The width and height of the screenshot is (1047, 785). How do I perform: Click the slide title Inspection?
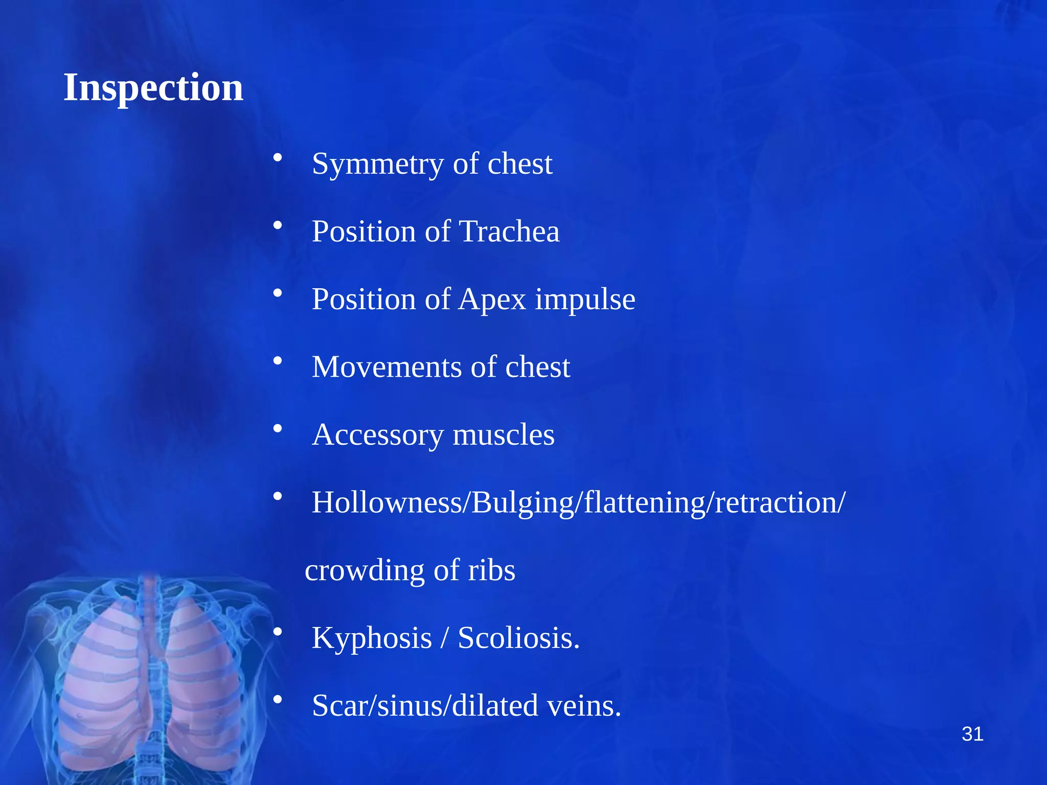click(153, 87)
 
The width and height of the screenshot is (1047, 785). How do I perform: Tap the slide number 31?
click(972, 734)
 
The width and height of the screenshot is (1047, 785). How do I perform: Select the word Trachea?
click(510, 232)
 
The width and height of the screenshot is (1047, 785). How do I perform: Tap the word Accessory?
click(377, 435)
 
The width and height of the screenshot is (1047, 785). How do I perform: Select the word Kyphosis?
click(372, 638)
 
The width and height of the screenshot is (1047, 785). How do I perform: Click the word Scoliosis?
click(518, 638)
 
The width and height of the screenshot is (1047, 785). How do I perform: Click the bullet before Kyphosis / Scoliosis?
click(278, 632)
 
